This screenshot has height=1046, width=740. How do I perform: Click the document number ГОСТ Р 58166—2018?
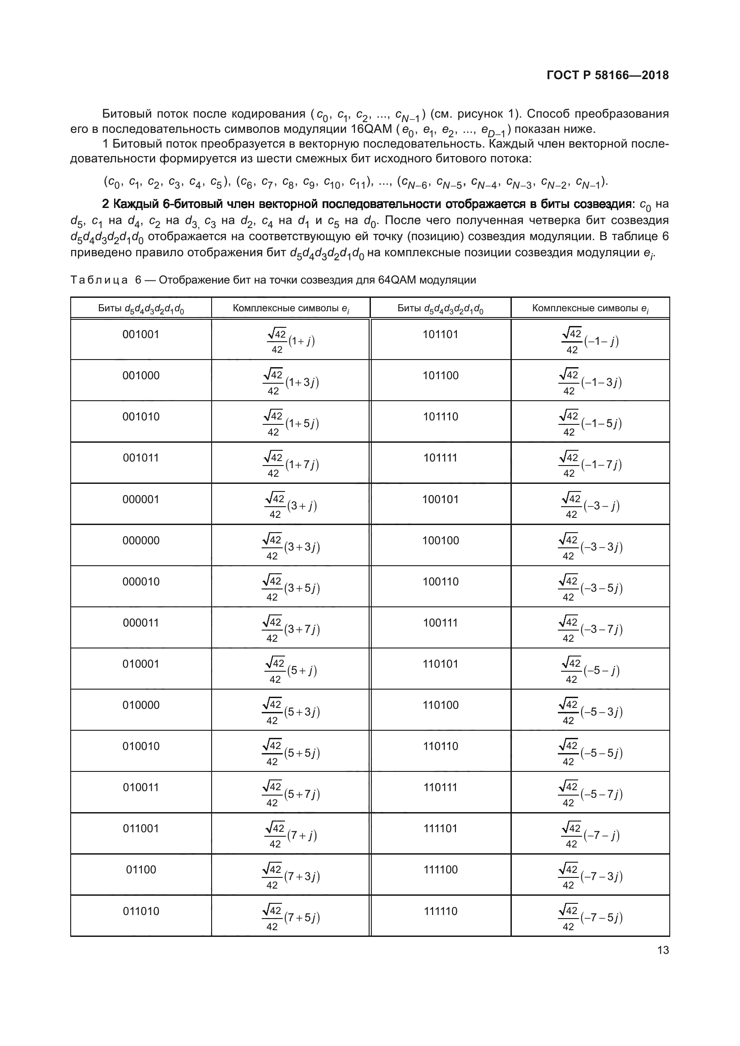click(608, 75)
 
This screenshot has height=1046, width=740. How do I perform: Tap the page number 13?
click(663, 950)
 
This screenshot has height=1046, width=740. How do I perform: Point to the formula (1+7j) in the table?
click(291, 465)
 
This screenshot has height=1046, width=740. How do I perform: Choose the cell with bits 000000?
click(141, 541)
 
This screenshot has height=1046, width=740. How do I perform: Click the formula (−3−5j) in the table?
click(590, 588)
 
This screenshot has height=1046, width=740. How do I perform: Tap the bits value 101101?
click(440, 335)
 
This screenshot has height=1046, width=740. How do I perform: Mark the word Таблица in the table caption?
click(99, 280)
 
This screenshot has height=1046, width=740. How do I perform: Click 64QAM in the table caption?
click(397, 280)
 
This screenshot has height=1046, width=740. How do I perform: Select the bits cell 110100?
click(440, 705)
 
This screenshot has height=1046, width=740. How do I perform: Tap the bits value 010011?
click(141, 788)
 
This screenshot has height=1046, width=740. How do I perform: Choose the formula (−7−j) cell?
click(590, 835)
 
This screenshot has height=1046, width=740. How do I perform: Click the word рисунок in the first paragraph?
click(492, 114)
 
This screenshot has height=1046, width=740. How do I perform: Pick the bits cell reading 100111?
click(440, 623)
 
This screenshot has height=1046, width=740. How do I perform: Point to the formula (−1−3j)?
click(590, 382)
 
